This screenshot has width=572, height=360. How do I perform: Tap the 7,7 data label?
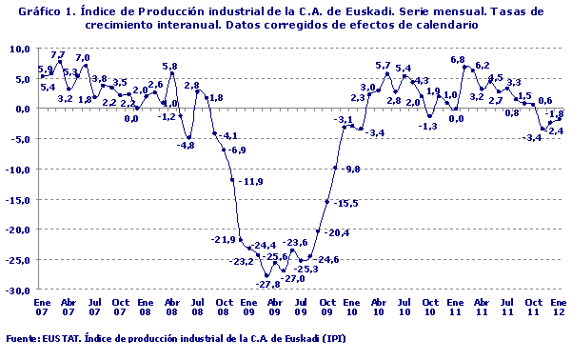pos(58,55)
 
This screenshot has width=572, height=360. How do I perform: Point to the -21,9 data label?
pos(223,239)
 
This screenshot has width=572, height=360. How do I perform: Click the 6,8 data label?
pos(458,60)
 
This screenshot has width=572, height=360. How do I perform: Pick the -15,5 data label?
pos(346,203)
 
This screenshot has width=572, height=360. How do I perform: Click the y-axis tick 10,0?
pos(19,48)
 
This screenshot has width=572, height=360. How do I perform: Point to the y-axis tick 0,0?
pos(23,109)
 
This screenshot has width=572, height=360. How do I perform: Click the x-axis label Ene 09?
pos(248,306)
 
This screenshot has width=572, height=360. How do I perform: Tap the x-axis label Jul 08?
pos(197,306)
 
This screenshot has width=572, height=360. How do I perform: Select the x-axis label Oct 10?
pos(429,306)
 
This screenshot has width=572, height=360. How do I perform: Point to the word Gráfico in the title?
pos(36,10)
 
